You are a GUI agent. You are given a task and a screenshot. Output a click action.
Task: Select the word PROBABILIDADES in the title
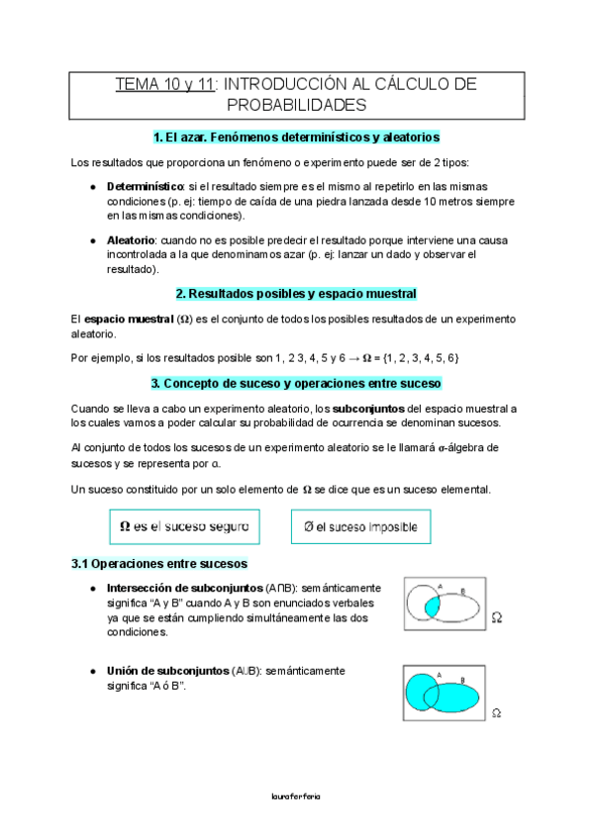296,104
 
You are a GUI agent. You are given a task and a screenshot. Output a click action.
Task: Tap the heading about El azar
296,138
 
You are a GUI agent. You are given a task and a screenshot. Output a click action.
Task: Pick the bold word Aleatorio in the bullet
131,240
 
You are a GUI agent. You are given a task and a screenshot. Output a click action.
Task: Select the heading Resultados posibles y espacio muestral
296,294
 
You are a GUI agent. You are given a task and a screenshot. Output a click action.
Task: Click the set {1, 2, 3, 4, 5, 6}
409,356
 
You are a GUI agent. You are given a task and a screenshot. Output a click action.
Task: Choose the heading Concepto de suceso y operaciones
296,383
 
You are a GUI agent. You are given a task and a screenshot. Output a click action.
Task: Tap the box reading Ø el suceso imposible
361,526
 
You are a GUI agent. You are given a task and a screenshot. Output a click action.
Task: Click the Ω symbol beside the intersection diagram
497,617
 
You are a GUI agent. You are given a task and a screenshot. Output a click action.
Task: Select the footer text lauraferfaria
296,794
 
